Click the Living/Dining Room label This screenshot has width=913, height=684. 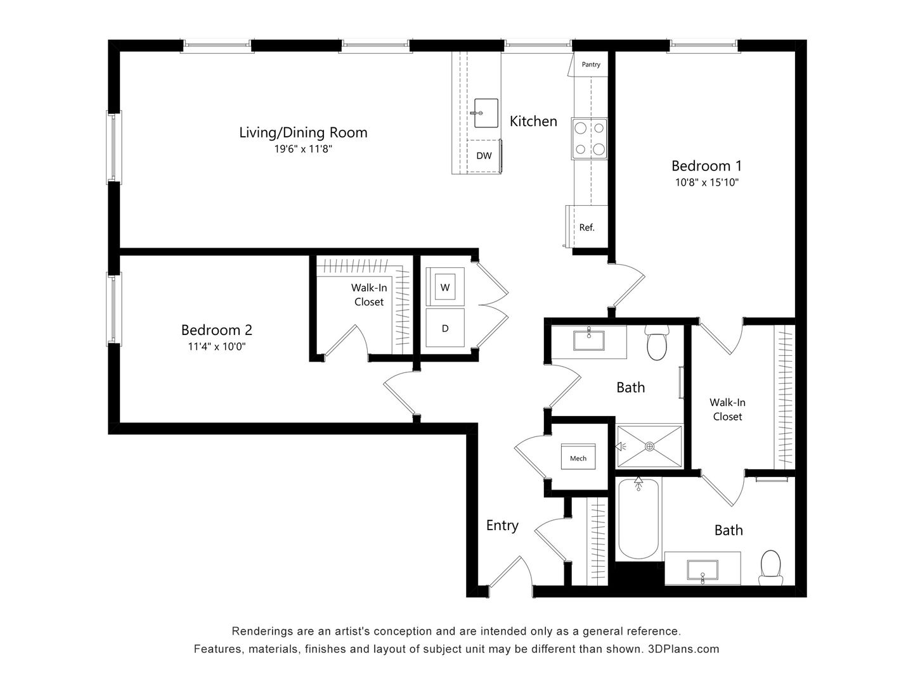(303, 132)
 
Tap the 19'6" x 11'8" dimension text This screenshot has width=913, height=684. (303, 149)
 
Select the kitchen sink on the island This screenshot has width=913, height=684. (486, 113)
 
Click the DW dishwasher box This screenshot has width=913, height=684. (484, 156)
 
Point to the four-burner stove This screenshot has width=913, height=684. (589, 139)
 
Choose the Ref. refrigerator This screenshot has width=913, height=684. (586, 227)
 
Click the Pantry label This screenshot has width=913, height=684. (591, 65)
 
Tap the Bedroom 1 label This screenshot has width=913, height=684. (706, 166)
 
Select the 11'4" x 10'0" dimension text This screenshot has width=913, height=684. (217, 346)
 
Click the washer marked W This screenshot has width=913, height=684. (445, 288)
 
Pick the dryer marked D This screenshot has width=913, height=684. (445, 328)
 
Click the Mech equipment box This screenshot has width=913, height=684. (578, 457)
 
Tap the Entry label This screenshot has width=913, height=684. (502, 525)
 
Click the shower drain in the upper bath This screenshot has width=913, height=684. (649, 446)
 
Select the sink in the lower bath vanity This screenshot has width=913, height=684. (702, 570)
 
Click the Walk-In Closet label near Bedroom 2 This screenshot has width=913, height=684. (369, 294)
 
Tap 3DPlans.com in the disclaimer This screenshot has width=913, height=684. (683, 649)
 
